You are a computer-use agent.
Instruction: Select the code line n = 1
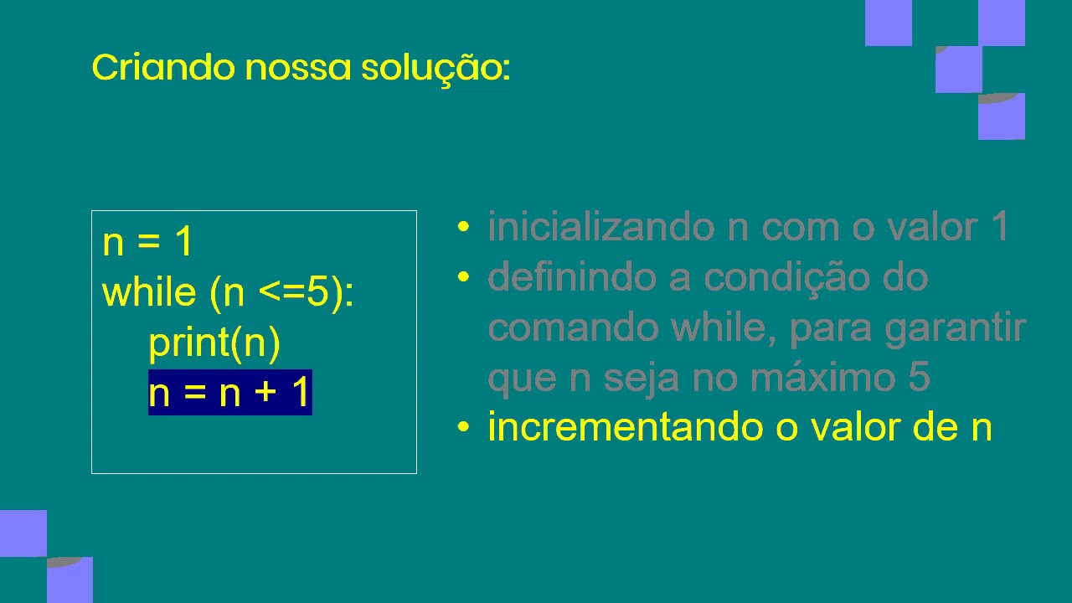147,242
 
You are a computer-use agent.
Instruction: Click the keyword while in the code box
148,292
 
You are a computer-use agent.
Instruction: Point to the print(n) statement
214,343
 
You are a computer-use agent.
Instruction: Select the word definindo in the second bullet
572,277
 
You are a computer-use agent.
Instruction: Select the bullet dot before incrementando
463,427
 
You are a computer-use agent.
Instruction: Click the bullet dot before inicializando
463,227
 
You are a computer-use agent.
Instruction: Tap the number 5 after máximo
918,378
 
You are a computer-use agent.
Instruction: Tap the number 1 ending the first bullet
998,227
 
